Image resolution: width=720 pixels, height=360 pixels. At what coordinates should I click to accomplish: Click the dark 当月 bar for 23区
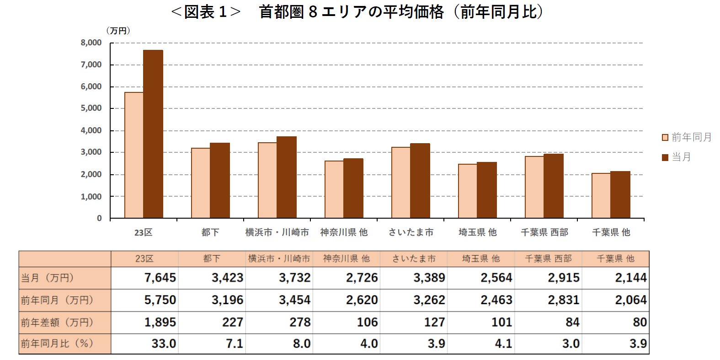click(153, 134)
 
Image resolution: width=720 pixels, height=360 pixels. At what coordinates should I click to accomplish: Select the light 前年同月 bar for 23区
click(133, 155)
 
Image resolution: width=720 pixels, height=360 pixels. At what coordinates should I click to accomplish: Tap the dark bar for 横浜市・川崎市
click(287, 177)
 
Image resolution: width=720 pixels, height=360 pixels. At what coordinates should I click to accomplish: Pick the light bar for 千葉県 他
click(601, 196)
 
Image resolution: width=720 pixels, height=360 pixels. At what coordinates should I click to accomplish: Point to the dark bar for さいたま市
click(420, 181)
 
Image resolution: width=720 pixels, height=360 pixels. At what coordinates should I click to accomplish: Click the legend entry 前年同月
click(687, 137)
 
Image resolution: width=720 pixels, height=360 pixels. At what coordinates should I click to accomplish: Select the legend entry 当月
click(677, 157)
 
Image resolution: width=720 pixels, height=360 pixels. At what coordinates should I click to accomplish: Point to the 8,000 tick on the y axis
click(91, 43)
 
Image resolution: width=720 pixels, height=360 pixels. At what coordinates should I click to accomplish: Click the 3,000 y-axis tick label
click(91, 152)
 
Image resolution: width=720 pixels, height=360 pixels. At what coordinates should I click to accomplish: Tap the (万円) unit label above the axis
click(118, 31)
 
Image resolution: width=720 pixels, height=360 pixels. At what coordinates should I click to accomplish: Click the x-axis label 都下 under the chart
click(210, 232)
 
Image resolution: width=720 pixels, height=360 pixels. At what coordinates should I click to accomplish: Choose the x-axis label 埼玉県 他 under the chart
click(477, 232)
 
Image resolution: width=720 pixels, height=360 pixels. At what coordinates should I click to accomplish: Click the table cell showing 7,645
click(160, 278)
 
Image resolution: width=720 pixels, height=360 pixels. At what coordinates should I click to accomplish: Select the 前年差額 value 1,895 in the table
click(160, 322)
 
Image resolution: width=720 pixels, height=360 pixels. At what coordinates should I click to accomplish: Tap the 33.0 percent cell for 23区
click(164, 344)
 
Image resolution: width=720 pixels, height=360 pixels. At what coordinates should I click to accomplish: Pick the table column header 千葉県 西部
click(548, 259)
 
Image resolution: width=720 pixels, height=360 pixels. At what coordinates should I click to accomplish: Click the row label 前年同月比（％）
click(57, 344)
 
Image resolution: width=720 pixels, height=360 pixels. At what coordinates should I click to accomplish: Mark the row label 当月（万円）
click(48, 278)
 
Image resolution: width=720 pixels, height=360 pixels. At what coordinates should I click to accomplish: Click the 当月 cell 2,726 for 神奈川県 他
click(362, 278)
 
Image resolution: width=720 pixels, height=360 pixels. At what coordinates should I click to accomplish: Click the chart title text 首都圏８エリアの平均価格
click(351, 12)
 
